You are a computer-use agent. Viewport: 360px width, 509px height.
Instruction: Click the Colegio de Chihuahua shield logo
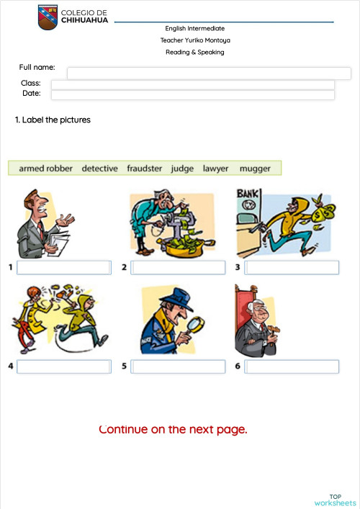point(48,17)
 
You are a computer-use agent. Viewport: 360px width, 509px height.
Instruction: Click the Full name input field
point(209,73)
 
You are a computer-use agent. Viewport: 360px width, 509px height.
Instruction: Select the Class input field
point(192,84)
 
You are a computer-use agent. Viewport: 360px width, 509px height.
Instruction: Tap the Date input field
point(192,94)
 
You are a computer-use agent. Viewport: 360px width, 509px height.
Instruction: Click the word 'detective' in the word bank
point(99,168)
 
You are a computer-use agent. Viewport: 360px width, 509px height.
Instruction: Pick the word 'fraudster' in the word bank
point(145,168)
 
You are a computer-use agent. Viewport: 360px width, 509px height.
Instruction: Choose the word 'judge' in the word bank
point(182,168)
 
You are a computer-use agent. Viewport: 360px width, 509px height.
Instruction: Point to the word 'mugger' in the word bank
point(255,168)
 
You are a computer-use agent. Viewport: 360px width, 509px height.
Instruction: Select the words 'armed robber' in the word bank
point(45,168)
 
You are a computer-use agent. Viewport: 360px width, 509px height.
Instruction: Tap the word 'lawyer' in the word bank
point(215,168)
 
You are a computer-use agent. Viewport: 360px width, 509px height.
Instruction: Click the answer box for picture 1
point(64,268)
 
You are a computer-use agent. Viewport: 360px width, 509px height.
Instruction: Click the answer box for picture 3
point(292,268)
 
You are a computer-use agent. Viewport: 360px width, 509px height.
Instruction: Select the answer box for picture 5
point(179,366)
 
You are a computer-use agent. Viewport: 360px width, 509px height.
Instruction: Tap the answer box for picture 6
point(292,366)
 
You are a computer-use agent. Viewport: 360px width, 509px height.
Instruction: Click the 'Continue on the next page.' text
point(173,430)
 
